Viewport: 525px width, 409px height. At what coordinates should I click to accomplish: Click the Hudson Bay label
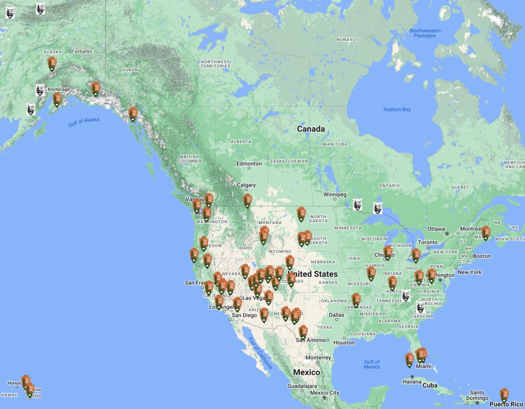pyautogui.click(x=397, y=109)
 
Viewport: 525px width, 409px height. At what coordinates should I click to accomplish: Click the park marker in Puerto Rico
pyautogui.click(x=504, y=395)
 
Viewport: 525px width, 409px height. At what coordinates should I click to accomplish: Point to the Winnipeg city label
pyautogui.click(x=335, y=194)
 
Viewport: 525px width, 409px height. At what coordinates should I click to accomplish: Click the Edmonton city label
pyautogui.click(x=249, y=164)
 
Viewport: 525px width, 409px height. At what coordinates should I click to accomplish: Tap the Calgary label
pyautogui.click(x=247, y=185)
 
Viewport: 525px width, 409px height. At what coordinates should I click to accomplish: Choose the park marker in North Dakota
pyautogui.click(x=301, y=213)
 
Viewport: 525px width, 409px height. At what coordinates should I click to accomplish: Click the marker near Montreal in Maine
pyautogui.click(x=486, y=232)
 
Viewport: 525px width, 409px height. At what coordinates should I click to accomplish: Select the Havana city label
pyautogui.click(x=412, y=381)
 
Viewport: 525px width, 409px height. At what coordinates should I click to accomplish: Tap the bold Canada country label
pyautogui.click(x=311, y=129)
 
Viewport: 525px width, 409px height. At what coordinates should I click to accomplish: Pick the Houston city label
pyautogui.click(x=344, y=342)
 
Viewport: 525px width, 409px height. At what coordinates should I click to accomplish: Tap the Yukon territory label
pyautogui.click(x=130, y=69)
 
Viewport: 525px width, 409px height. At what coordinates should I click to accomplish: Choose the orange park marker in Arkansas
pyautogui.click(x=356, y=299)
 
